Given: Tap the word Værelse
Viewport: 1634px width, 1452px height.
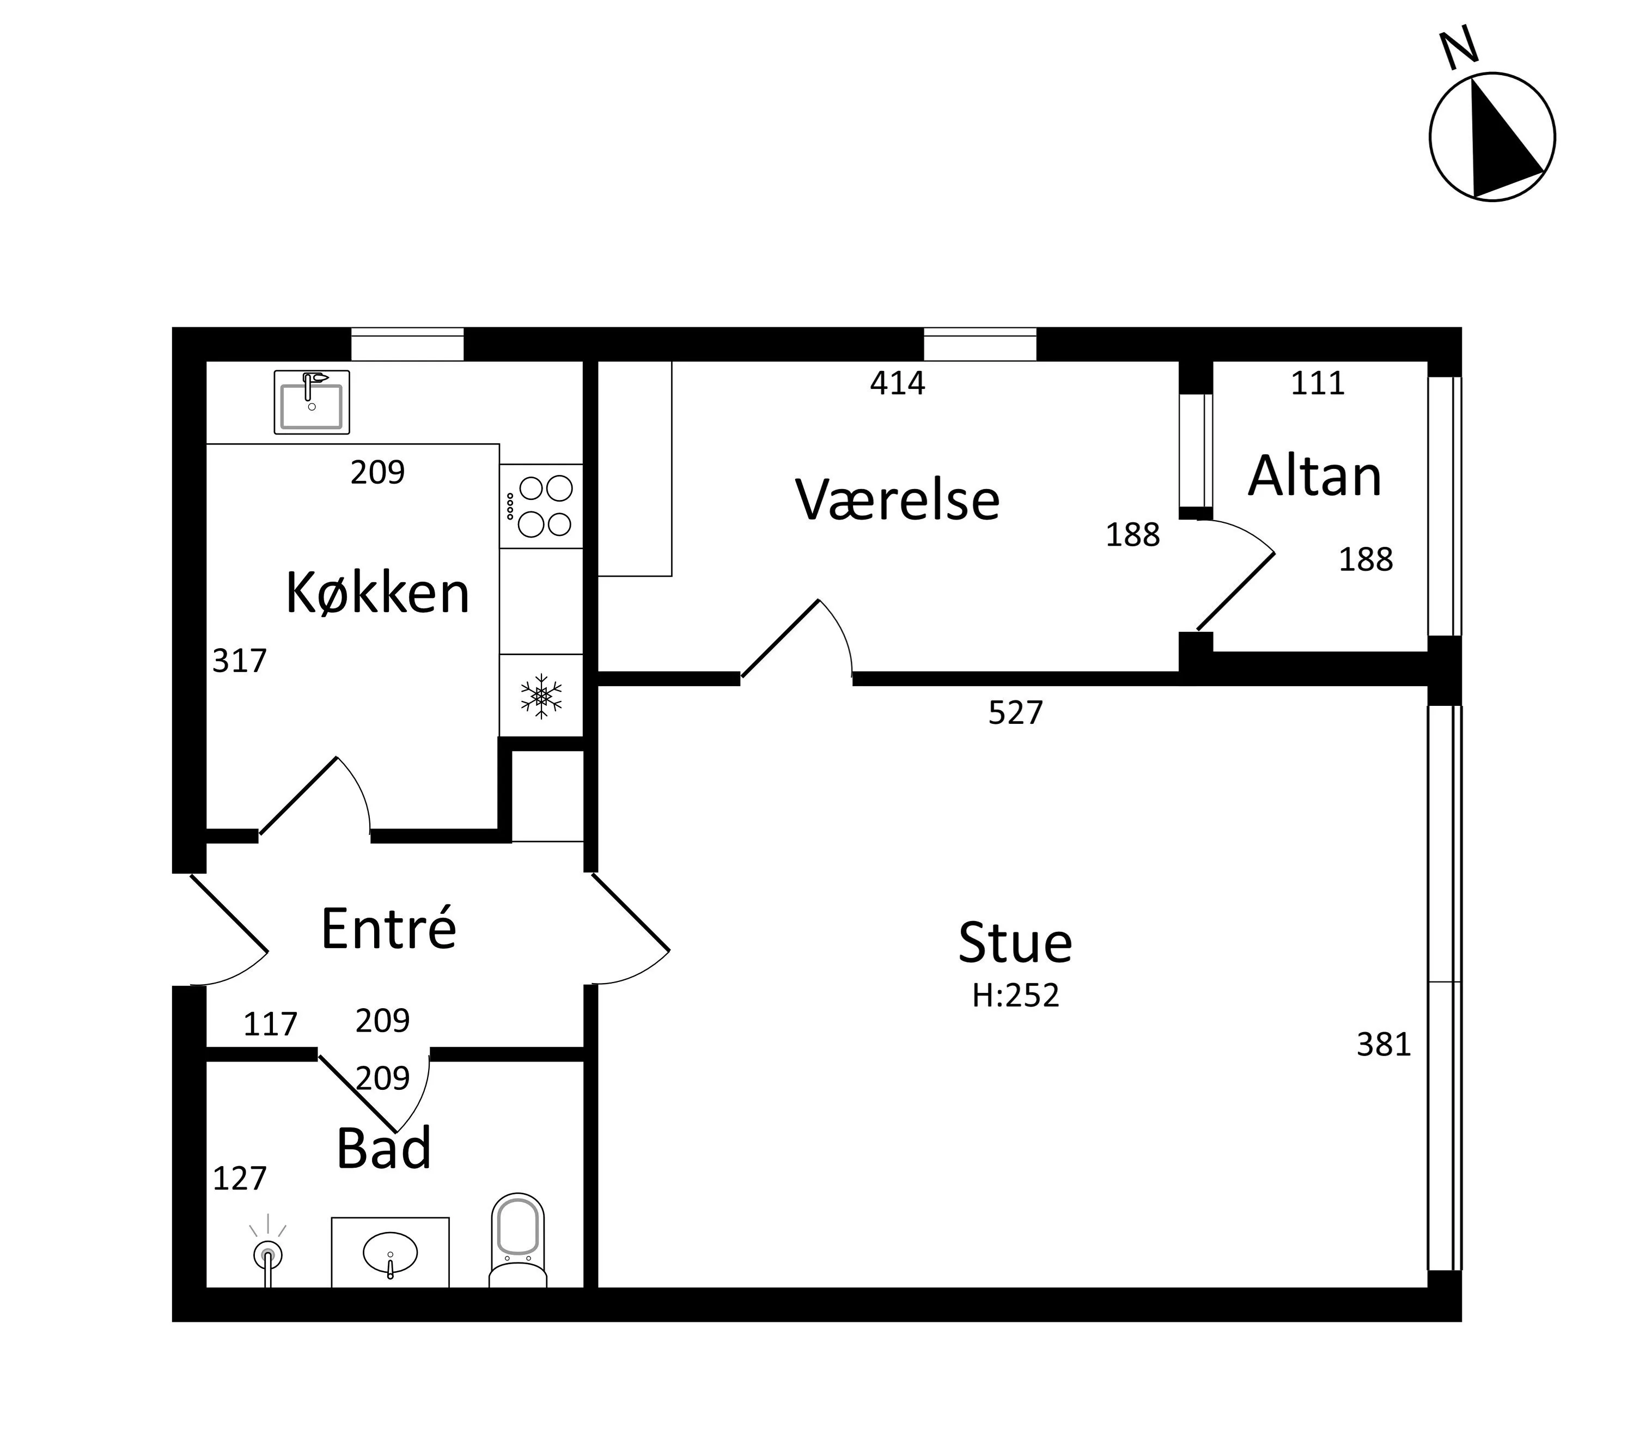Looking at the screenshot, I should (x=897, y=500).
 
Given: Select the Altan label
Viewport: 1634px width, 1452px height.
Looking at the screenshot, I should (x=1314, y=477).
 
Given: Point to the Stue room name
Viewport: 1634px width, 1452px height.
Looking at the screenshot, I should (x=1015, y=943).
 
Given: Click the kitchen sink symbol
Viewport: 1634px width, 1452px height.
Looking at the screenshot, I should (x=312, y=401).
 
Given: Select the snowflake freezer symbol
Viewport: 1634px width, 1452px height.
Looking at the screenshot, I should (x=541, y=695).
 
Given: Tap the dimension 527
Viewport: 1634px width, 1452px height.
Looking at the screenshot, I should (x=1015, y=712).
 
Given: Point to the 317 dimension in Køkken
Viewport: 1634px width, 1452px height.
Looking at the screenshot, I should (x=239, y=661).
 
